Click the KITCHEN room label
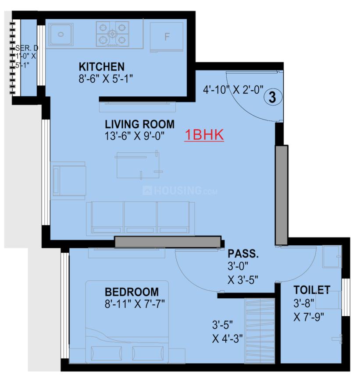click(101, 67)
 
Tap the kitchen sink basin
click(61, 34)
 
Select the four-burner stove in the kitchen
click(112, 34)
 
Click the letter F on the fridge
click(167, 37)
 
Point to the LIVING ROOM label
click(139, 124)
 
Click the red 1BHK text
click(204, 134)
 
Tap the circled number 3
click(273, 97)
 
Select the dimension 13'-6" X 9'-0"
click(135, 136)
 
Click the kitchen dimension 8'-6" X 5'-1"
click(106, 78)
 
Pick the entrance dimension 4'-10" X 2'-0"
click(233, 90)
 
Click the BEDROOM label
click(132, 292)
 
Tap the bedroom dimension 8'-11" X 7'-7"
click(135, 304)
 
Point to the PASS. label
click(243, 254)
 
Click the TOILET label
click(312, 289)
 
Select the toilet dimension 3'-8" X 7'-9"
click(308, 310)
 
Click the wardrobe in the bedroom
click(260, 331)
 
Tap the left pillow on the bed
click(106, 353)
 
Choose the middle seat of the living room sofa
click(140, 218)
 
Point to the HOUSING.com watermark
click(180, 190)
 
